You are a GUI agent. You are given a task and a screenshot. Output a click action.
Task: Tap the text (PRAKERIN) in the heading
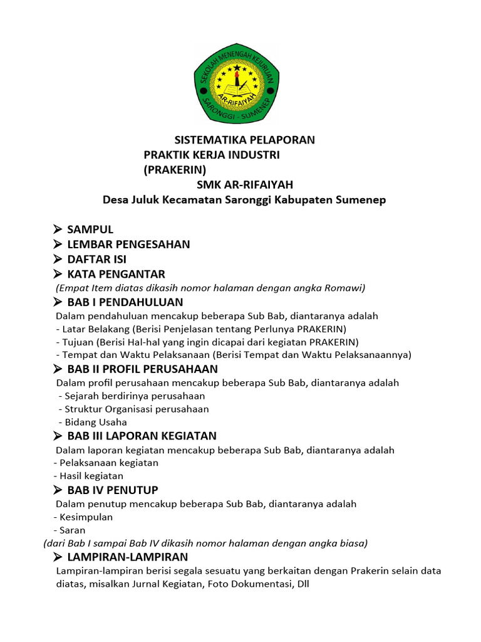175,169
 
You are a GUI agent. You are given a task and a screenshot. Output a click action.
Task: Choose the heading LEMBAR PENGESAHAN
128,245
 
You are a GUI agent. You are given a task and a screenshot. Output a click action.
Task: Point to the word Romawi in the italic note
346,288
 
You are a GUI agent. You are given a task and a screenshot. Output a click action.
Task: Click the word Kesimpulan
86,517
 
